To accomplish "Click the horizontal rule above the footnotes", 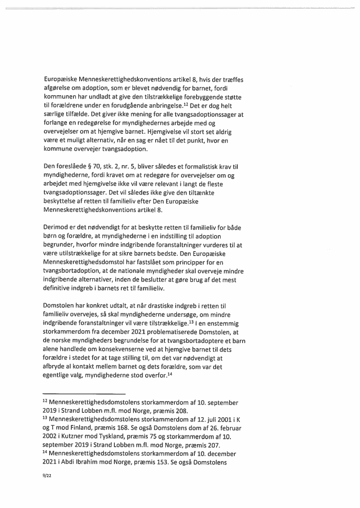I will tap(84, 393).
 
